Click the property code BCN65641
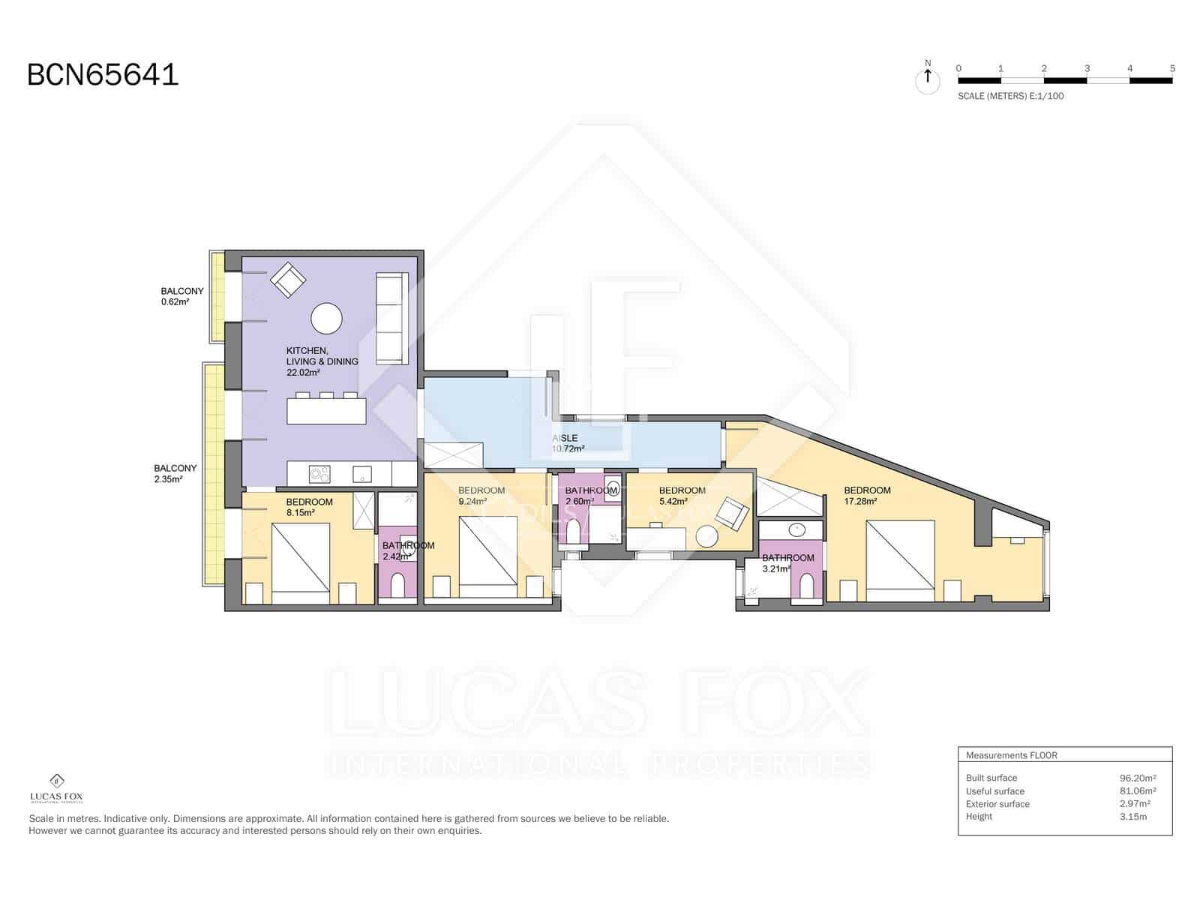[103, 75]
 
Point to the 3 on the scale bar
[1087, 68]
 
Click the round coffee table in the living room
[326, 318]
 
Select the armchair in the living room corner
[288, 280]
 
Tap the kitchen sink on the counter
[362, 474]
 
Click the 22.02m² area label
[303, 372]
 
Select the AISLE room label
[565, 438]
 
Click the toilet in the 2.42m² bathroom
[397, 586]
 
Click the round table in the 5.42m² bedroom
[706, 536]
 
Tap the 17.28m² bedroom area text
[860, 502]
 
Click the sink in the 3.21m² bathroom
[796, 530]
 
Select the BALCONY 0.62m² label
[181, 296]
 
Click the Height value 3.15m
[1132, 817]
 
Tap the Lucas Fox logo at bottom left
[56, 788]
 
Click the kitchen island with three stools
[326, 410]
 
